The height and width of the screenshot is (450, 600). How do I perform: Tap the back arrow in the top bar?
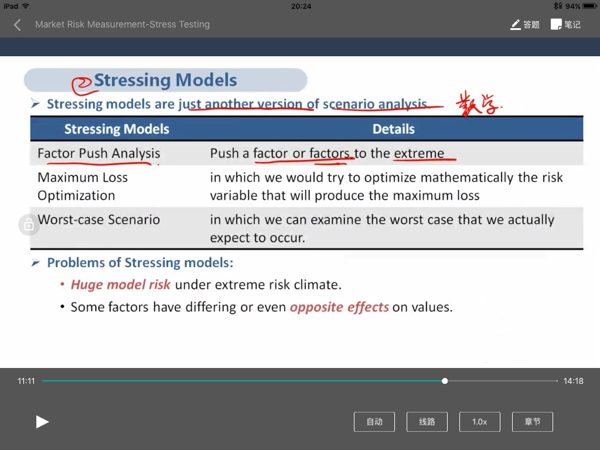tap(17, 25)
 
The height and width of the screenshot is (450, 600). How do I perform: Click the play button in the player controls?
tap(42, 422)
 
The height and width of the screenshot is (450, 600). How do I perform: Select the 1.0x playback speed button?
tap(479, 422)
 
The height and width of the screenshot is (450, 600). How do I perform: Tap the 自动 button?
tap(374, 422)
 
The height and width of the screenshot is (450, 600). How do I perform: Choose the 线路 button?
tap(427, 422)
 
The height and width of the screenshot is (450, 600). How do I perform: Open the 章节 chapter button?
tap(532, 422)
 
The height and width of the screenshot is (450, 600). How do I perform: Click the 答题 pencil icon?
tap(516, 25)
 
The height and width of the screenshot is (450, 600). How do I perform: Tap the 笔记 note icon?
tap(556, 25)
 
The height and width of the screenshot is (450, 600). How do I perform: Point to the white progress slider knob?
tap(445, 381)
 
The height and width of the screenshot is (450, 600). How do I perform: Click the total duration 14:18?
tap(573, 381)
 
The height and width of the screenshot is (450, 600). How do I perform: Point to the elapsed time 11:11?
tap(26, 381)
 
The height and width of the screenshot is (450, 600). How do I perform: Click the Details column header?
tap(393, 129)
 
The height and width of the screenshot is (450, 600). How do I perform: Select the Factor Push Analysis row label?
tap(98, 153)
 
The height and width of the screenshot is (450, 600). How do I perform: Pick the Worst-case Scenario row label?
tap(98, 219)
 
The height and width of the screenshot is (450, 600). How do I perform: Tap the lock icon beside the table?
tap(29, 224)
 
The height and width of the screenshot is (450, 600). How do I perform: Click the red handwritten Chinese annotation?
tap(478, 103)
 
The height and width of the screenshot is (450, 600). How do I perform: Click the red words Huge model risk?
tap(121, 285)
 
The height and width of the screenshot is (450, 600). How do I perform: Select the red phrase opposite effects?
tap(339, 307)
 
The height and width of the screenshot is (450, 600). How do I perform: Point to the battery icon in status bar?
tap(589, 6)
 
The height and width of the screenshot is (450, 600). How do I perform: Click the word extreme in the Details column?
tap(419, 153)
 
